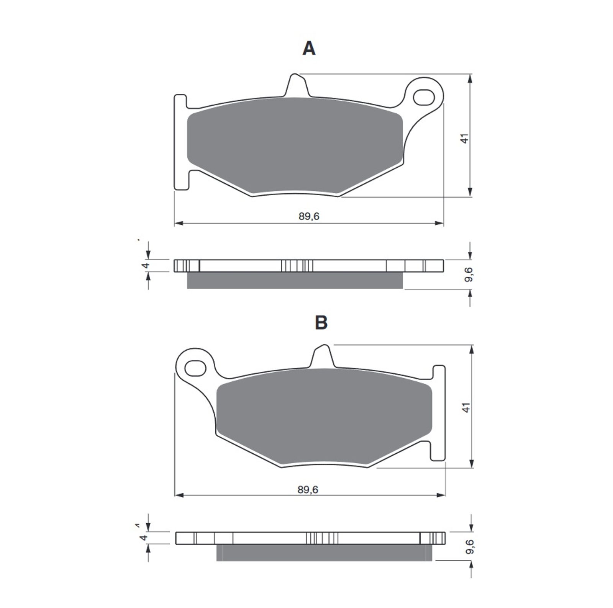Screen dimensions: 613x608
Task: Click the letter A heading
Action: pyautogui.click(x=309, y=49)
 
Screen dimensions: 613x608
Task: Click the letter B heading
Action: pyautogui.click(x=321, y=322)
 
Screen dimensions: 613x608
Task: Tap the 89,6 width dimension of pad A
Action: pyautogui.click(x=309, y=216)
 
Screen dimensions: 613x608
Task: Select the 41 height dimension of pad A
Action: pyautogui.click(x=465, y=139)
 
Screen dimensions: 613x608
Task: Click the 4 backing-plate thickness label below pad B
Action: pyautogui.click(x=144, y=537)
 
